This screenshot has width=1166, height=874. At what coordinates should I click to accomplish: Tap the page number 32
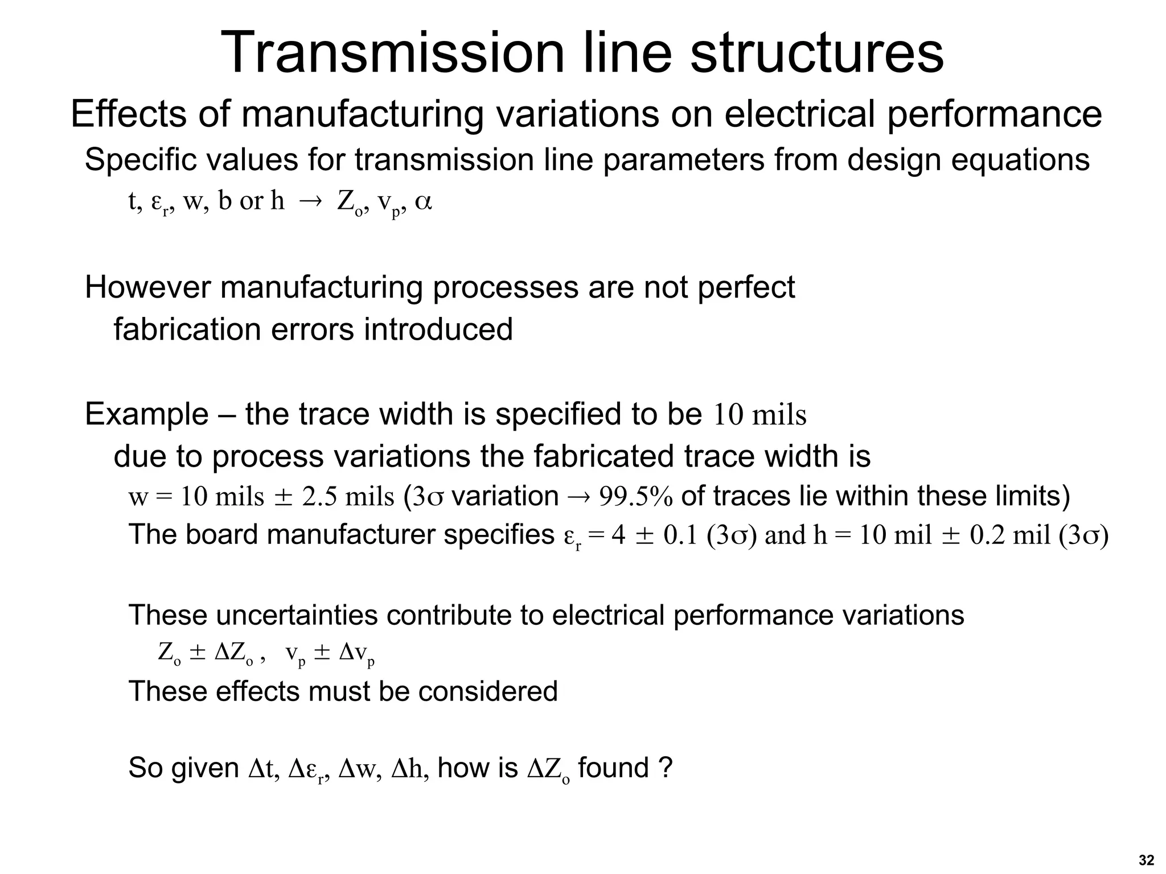1146,860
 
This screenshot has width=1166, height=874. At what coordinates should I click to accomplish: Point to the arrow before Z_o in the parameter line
310,202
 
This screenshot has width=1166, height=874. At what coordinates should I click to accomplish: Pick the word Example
146,414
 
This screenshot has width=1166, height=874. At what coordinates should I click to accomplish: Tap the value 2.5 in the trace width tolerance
319,497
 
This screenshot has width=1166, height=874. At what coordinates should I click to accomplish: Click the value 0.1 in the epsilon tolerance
680,535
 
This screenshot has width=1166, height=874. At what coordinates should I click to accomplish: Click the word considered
487,692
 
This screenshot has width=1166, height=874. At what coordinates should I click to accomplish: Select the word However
147,287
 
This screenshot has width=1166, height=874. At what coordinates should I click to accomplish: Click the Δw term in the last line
357,768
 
